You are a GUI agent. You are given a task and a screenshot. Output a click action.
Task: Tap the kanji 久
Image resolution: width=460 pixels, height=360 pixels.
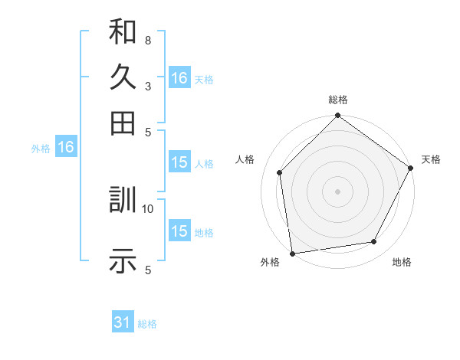123,77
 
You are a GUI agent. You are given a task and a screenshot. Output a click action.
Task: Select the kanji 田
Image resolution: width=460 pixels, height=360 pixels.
123,122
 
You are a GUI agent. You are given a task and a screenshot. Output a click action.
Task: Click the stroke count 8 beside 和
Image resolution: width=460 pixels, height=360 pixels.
147,39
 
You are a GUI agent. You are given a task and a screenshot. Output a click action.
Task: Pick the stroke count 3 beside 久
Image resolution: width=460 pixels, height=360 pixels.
147,87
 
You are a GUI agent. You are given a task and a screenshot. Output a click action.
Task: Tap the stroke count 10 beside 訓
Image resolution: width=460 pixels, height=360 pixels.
148,208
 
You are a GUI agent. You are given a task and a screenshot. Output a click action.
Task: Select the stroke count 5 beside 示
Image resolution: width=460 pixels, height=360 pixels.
147,269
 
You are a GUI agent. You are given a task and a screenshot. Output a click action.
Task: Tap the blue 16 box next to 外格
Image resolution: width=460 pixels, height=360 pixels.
66,148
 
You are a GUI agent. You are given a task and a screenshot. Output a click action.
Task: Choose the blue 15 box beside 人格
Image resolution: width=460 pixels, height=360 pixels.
179,162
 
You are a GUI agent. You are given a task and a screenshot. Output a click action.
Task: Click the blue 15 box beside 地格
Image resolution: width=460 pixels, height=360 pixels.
179,231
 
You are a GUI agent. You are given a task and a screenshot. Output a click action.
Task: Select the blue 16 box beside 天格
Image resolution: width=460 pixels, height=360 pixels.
179,78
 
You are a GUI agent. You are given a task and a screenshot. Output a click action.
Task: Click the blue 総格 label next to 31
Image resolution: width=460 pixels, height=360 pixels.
147,324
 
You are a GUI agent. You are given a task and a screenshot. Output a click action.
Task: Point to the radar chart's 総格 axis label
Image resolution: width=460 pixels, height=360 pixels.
337,100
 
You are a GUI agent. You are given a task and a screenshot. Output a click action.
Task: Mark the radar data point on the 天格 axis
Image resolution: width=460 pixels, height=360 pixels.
410,168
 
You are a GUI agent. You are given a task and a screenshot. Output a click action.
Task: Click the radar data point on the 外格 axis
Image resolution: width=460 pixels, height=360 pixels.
292,253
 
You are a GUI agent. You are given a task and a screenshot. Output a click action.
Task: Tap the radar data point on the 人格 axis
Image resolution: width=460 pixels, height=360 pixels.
280,172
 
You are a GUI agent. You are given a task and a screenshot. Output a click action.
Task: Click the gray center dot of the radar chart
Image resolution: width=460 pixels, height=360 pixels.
337,191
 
